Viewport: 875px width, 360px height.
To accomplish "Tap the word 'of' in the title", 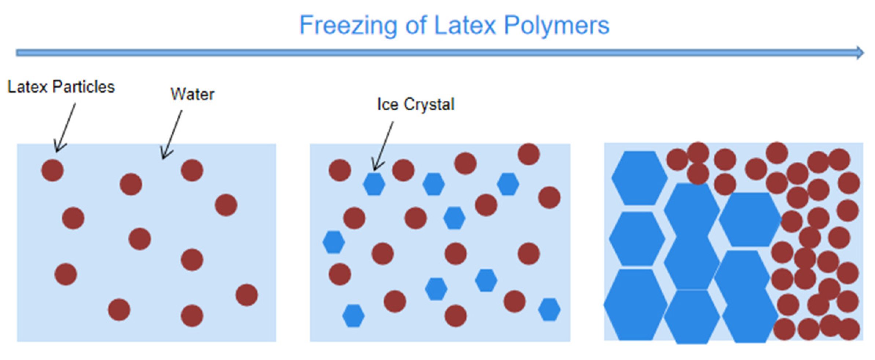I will (416, 26).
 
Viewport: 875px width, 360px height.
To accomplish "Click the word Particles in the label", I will (83, 87).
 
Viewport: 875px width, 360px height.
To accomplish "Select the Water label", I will (192, 95).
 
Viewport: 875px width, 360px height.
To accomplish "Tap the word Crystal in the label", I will (429, 104).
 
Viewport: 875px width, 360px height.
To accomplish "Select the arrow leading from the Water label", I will (172, 134).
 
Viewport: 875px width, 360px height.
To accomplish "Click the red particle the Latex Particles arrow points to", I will (52, 170).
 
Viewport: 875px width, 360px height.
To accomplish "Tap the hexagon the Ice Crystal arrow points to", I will (374, 184).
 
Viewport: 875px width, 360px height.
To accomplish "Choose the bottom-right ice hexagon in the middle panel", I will (549, 310).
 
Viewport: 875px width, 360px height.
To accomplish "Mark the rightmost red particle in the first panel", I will (246, 295).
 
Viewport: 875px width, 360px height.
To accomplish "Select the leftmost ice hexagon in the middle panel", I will (333, 242).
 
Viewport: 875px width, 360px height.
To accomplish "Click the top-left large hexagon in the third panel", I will (639, 178).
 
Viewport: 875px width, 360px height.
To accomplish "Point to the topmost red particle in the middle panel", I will (528, 154).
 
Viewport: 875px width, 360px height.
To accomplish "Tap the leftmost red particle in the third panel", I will (677, 159).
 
